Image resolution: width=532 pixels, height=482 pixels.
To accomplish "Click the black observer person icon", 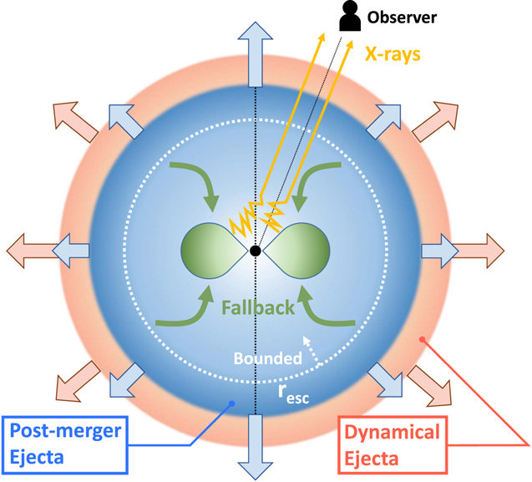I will tap(347, 17).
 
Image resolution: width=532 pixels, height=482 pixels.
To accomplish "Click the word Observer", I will tap(403, 17).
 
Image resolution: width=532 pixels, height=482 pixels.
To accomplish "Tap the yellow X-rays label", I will tap(393, 53).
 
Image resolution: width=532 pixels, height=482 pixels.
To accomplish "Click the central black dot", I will tap(255, 251).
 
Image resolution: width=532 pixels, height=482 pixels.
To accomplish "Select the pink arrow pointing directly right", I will tap(483, 250).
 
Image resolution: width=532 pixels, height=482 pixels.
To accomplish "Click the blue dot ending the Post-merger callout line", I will tap(231, 404).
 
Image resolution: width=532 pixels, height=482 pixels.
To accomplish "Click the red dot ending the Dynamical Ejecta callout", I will tap(423, 339).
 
